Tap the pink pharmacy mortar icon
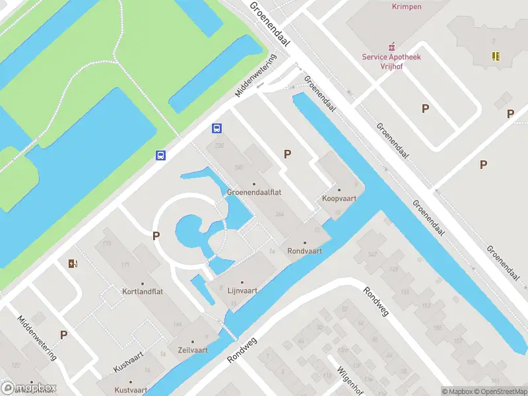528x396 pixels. coord(392,46)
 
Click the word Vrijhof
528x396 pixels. coord(391,67)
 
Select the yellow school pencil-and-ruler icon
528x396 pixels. coord(495,56)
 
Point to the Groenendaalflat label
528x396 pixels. coord(254,193)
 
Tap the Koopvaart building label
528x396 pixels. coord(339,199)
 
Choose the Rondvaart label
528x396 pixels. coord(304,251)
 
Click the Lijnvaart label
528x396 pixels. coord(242,290)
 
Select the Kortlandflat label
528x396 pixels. coord(142,291)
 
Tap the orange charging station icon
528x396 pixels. coord(73,264)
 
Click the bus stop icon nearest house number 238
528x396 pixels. coord(216,128)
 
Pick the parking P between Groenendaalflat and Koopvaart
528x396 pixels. coord(287,154)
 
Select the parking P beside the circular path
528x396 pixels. coord(156,236)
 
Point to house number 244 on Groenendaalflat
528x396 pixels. coord(280,214)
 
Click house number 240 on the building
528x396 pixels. coord(239,168)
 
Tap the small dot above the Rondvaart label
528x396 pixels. coord(304,243)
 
